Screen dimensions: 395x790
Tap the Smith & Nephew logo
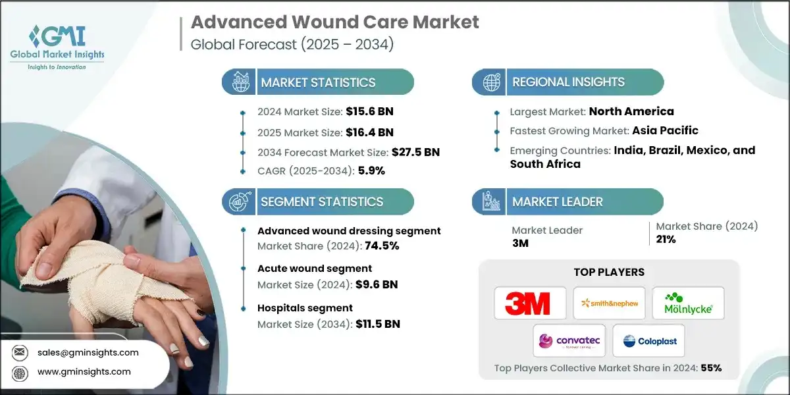[609, 304]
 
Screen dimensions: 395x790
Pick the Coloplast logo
[649, 341]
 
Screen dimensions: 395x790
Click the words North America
[631, 111]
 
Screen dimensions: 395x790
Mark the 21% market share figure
[666, 239]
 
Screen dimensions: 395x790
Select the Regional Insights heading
[568, 82]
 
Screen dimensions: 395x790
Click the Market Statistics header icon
[238, 82]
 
